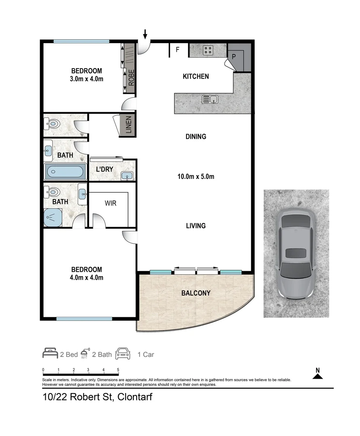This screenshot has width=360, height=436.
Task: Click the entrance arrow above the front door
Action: pyautogui.click(x=145, y=34)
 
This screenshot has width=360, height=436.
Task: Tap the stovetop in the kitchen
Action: pyautogui.click(x=208, y=50)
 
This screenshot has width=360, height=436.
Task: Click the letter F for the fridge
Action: pyautogui.click(x=177, y=50)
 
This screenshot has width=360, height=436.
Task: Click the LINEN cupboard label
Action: pyautogui.click(x=128, y=126)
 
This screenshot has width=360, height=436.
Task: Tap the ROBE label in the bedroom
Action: pyautogui.click(x=131, y=78)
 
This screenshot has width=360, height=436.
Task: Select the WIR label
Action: pyautogui.click(x=110, y=203)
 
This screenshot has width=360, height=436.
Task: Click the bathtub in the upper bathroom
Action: pyautogui.click(x=65, y=173)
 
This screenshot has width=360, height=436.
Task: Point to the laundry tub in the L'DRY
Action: pyautogui.click(x=127, y=175)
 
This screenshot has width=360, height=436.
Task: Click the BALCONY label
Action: pyautogui.click(x=196, y=293)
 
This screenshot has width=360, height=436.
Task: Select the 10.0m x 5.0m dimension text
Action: pyautogui.click(x=196, y=176)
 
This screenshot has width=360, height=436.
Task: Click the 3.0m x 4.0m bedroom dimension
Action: pyautogui.click(x=86, y=79)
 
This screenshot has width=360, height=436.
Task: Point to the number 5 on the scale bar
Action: pyautogui.click(x=118, y=370)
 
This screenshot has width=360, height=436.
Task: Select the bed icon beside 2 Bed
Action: pyautogui.click(x=50, y=354)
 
